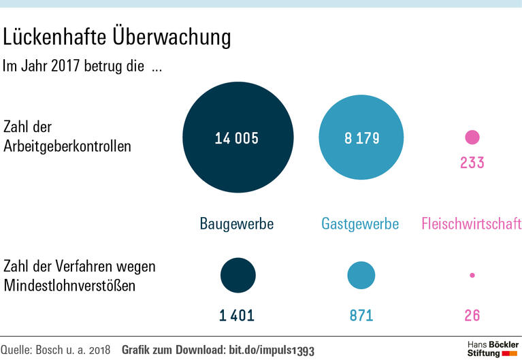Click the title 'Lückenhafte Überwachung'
click(x=117, y=37)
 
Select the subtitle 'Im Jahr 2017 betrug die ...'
click(x=82, y=67)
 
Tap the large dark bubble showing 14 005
click(x=238, y=138)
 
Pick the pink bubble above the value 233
click(x=472, y=137)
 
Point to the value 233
click(x=472, y=163)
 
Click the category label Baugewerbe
click(x=237, y=223)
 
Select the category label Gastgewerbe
click(x=360, y=223)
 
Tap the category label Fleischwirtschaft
click(x=471, y=223)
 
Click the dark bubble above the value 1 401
click(x=238, y=276)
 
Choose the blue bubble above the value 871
click(x=361, y=276)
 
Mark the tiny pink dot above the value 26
click(x=472, y=276)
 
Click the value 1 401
click(x=237, y=315)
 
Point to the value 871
click(x=361, y=315)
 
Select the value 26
click(x=472, y=315)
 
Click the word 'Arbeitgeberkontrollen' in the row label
click(x=67, y=146)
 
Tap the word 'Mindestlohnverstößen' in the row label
click(x=69, y=284)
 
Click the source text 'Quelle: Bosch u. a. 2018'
click(x=56, y=350)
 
